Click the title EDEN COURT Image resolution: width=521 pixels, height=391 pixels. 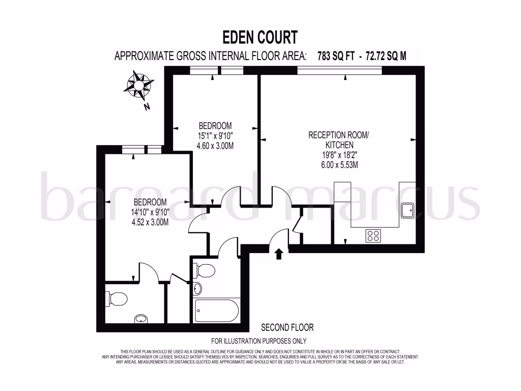(x=260, y=37)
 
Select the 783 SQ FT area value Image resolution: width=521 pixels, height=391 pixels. (x=335, y=56)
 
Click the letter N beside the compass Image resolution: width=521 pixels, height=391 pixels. (x=147, y=106)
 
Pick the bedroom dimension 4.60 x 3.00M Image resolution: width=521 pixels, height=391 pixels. (x=215, y=145)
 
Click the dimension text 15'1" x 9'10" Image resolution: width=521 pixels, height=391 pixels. (x=215, y=135)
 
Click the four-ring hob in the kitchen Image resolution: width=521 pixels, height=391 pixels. (x=373, y=235)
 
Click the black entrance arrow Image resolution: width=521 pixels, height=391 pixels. (x=278, y=254)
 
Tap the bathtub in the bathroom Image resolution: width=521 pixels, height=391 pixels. (x=216, y=310)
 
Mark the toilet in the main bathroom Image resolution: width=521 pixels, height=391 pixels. (x=206, y=270)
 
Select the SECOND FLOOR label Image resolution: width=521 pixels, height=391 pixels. (x=287, y=327)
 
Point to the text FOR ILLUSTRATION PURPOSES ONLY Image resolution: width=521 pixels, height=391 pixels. (x=259, y=341)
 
